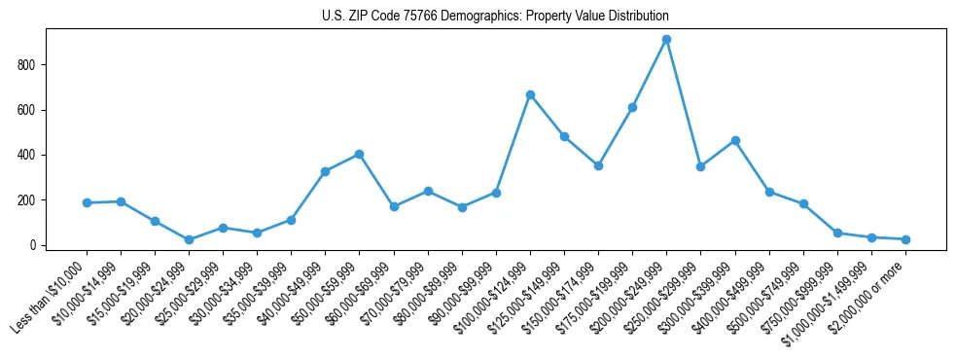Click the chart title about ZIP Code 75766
pyautogui.click(x=495, y=16)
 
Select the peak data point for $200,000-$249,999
pyautogui.click(x=666, y=40)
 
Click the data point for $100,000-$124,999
pyautogui.click(x=530, y=94)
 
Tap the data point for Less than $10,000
pyautogui.click(x=87, y=202)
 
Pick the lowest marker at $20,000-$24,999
pyautogui.click(x=189, y=239)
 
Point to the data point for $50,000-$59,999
pyautogui.click(x=360, y=154)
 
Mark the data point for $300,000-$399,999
pyautogui.click(x=735, y=140)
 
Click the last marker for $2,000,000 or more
pyautogui.click(x=905, y=239)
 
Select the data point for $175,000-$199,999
pyautogui.click(x=632, y=107)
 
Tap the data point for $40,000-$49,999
pyautogui.click(x=325, y=171)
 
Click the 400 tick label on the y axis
pyautogui.click(x=32, y=155)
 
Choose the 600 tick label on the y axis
pyautogui.click(x=32, y=110)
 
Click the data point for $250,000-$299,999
pyautogui.click(x=700, y=166)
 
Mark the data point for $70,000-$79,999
pyautogui.click(x=428, y=191)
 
